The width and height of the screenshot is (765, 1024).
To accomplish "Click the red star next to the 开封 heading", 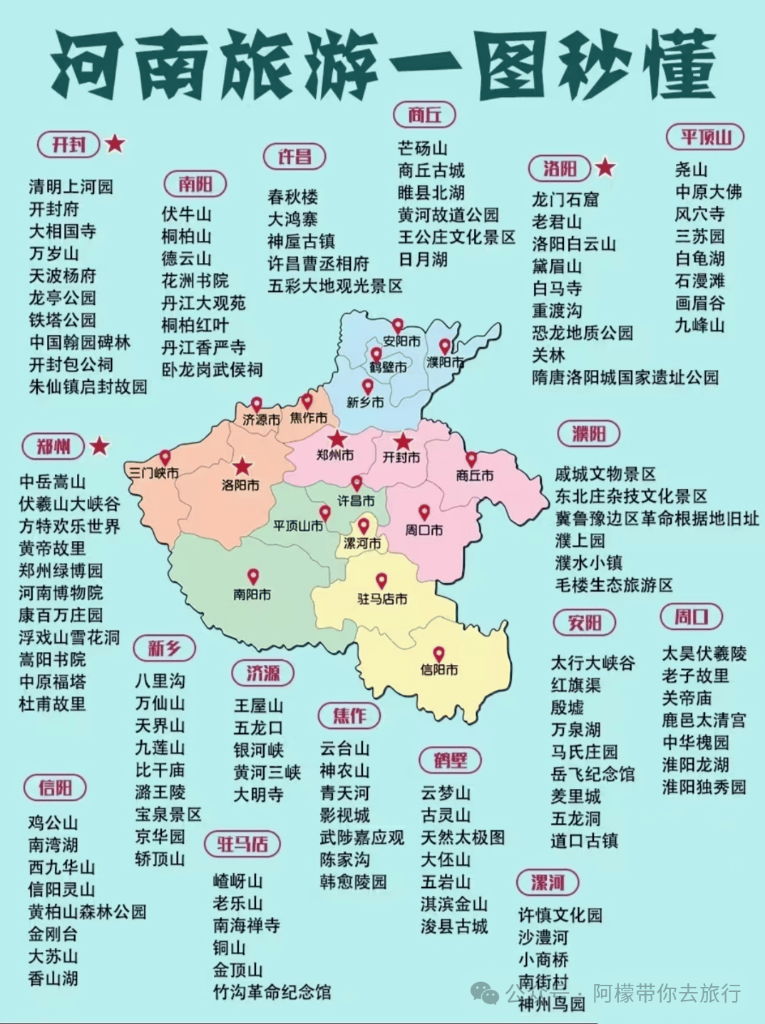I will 115,144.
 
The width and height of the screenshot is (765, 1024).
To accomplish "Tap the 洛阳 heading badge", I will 560,168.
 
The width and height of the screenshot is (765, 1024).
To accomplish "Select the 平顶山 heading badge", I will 705,137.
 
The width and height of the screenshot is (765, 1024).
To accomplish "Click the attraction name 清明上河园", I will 71,187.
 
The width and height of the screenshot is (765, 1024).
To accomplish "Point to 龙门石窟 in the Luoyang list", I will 565,200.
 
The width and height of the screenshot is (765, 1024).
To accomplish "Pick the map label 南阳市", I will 252,594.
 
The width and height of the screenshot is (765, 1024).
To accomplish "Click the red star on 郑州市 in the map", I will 337,439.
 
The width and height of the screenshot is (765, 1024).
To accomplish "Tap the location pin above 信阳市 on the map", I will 438,653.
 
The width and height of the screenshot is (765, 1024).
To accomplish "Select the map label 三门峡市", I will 153,472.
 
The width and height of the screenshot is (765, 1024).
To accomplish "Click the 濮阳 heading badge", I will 588,433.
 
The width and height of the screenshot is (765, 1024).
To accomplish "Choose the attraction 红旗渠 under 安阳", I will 575,685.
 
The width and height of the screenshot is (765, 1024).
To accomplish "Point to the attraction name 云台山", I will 344,748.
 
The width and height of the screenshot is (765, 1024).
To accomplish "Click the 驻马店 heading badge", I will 242,844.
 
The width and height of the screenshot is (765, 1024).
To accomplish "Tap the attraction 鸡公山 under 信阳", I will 53,823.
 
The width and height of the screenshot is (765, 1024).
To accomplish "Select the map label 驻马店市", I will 382,599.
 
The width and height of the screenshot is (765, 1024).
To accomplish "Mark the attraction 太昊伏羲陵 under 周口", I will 704,653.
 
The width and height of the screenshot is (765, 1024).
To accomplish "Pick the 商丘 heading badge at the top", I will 424,114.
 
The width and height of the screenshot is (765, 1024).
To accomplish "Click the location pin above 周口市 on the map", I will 423,512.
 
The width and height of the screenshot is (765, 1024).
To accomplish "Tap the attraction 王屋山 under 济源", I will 258,705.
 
